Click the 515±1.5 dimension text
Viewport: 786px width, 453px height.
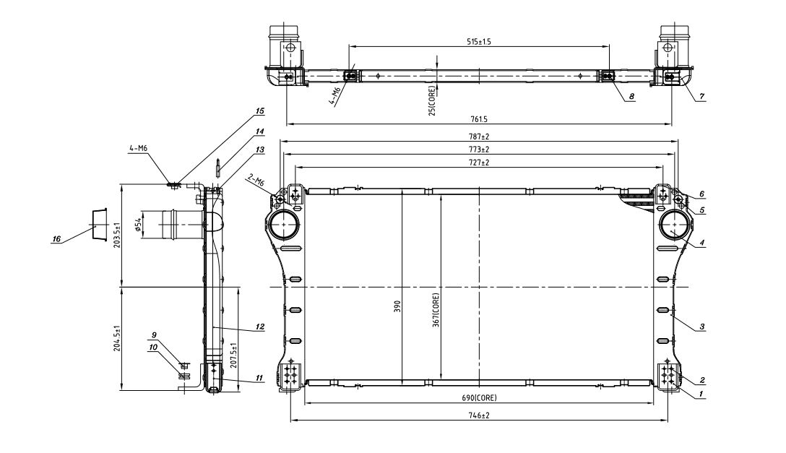point(479,42)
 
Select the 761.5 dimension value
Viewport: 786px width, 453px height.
point(479,119)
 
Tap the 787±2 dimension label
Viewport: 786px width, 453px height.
point(479,137)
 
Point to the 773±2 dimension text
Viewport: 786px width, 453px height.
point(479,150)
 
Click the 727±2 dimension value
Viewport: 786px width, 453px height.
point(479,163)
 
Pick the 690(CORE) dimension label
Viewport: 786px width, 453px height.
point(479,398)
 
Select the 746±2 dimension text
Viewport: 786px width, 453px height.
point(479,415)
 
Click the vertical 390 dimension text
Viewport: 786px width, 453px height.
point(397,306)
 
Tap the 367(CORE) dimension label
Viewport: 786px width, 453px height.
point(436,310)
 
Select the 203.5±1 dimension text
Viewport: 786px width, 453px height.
point(116,234)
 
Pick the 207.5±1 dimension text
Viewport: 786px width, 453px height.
point(233,355)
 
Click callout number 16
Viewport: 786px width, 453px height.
point(56,239)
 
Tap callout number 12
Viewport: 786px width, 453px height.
point(259,327)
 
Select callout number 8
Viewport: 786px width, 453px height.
point(631,96)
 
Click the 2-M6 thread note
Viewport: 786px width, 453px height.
point(256,181)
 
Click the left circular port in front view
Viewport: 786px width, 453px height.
point(283,225)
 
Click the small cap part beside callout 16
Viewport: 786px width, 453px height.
point(99,223)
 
